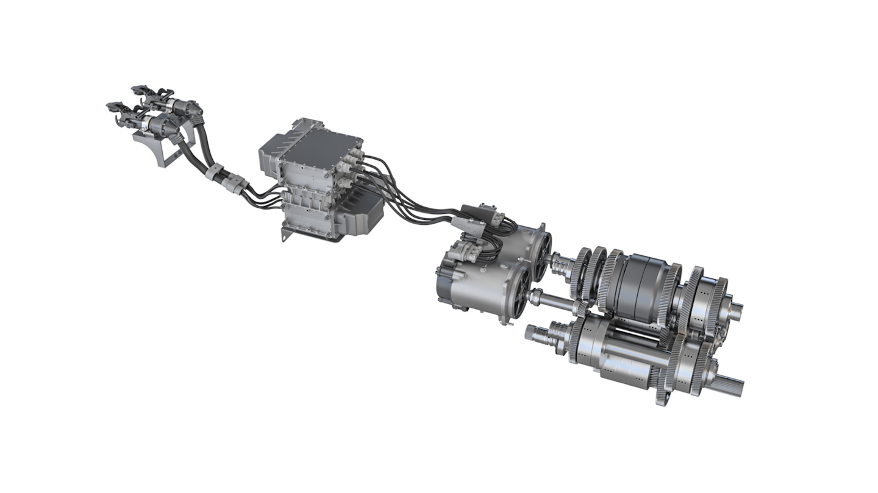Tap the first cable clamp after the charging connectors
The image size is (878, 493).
(x=215, y=172)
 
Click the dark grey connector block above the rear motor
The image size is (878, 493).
(x=482, y=214)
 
